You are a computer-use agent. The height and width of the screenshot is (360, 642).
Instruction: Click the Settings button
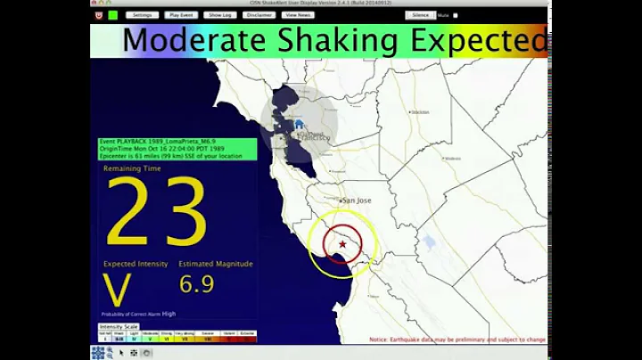[x=143, y=15]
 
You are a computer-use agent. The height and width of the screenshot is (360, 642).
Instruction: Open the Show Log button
[x=219, y=15]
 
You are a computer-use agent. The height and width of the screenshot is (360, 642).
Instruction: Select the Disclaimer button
[x=259, y=15]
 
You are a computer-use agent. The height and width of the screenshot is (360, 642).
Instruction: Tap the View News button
[x=298, y=15]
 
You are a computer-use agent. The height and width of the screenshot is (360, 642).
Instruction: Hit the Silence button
[x=421, y=15]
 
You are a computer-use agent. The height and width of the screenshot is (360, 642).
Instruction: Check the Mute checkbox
[x=456, y=15]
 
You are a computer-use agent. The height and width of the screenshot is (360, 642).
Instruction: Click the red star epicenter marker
[x=342, y=244]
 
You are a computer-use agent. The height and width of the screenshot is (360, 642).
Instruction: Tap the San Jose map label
[x=356, y=201]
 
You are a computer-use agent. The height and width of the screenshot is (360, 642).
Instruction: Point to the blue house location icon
[x=299, y=125]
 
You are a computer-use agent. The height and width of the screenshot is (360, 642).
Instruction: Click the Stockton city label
[x=419, y=112]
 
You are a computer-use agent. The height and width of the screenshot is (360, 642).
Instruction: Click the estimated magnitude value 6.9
[x=196, y=285]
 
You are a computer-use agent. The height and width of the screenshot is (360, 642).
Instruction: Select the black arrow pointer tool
[x=121, y=353]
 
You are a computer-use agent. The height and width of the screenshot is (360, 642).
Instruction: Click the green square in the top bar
[x=113, y=15]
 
